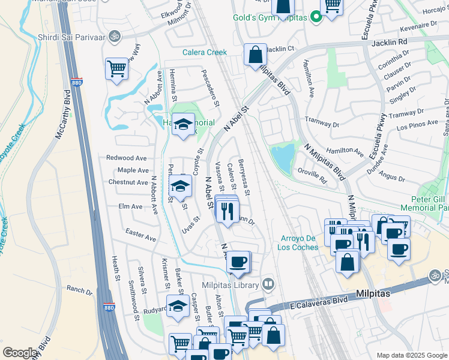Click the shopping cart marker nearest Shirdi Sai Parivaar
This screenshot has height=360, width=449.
116,68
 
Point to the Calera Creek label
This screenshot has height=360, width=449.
205,52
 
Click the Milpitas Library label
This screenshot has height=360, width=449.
230,284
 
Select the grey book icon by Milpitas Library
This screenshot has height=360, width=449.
269,284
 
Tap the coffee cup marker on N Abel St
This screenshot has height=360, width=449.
239,262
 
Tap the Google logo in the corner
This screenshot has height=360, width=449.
20,353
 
